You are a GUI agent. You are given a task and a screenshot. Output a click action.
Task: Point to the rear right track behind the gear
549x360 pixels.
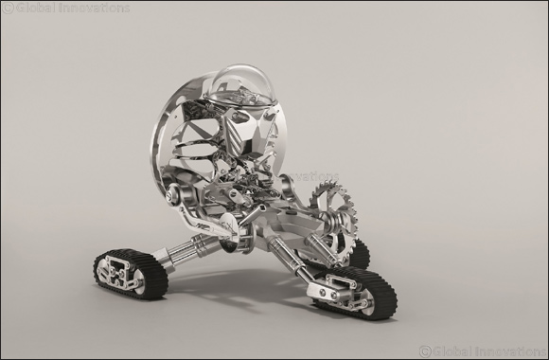tap(359, 253)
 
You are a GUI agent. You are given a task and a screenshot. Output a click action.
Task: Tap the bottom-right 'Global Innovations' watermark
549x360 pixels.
tap(477, 350)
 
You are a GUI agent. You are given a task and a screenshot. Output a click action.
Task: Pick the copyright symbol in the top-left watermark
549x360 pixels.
tap(9, 9)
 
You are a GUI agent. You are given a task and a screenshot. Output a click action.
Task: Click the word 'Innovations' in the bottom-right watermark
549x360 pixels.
tap(506, 350)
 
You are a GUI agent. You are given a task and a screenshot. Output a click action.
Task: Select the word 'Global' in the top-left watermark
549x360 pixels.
tap(36, 9)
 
